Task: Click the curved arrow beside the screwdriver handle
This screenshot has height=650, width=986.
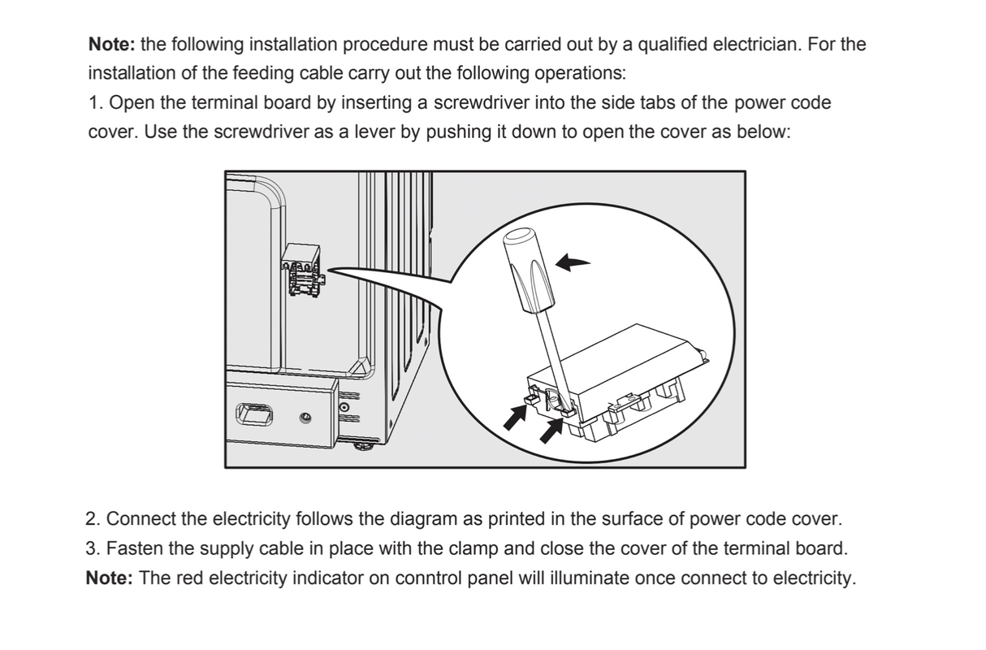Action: click(x=573, y=262)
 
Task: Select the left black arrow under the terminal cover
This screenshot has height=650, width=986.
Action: click(x=514, y=417)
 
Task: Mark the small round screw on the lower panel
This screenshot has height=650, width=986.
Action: click(x=305, y=418)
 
